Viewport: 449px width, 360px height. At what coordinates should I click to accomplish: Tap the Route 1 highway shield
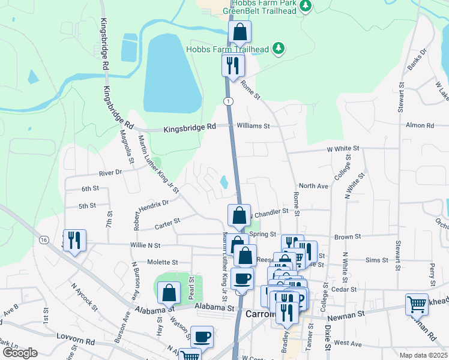coord(228,101)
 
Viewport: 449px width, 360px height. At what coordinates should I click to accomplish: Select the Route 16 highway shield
coord(44,239)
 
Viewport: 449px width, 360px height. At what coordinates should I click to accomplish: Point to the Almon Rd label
coord(420,125)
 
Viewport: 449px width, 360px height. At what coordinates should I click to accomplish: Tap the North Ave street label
coord(313,186)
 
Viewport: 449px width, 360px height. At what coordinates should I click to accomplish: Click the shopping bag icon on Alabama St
coord(169,293)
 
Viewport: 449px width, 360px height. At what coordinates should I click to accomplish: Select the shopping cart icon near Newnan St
coord(417,304)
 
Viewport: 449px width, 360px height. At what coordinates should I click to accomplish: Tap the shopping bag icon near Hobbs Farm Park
coord(240,32)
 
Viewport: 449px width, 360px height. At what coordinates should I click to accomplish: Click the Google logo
coord(20,353)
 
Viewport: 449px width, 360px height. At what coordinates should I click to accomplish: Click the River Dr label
coord(110,172)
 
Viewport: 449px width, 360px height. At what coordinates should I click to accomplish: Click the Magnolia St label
coord(128,148)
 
